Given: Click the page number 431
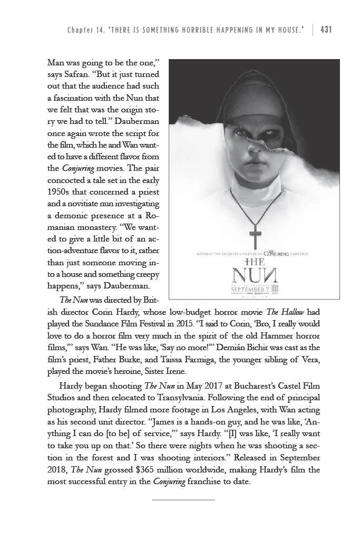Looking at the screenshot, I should point(326,30).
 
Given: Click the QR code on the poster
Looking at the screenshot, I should point(274,288).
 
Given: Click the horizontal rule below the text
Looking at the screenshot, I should point(183,498).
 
